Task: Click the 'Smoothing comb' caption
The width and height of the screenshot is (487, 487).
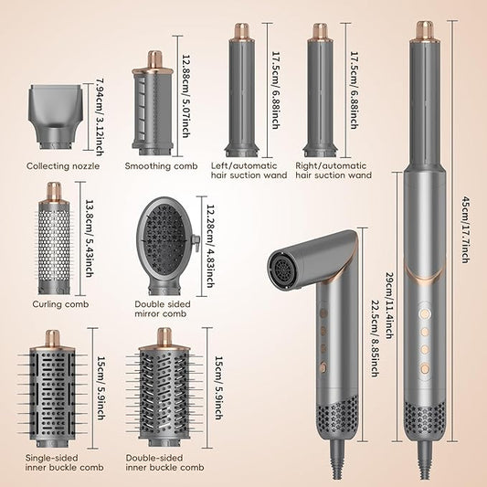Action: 162,165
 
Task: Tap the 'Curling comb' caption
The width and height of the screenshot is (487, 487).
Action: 59,304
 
